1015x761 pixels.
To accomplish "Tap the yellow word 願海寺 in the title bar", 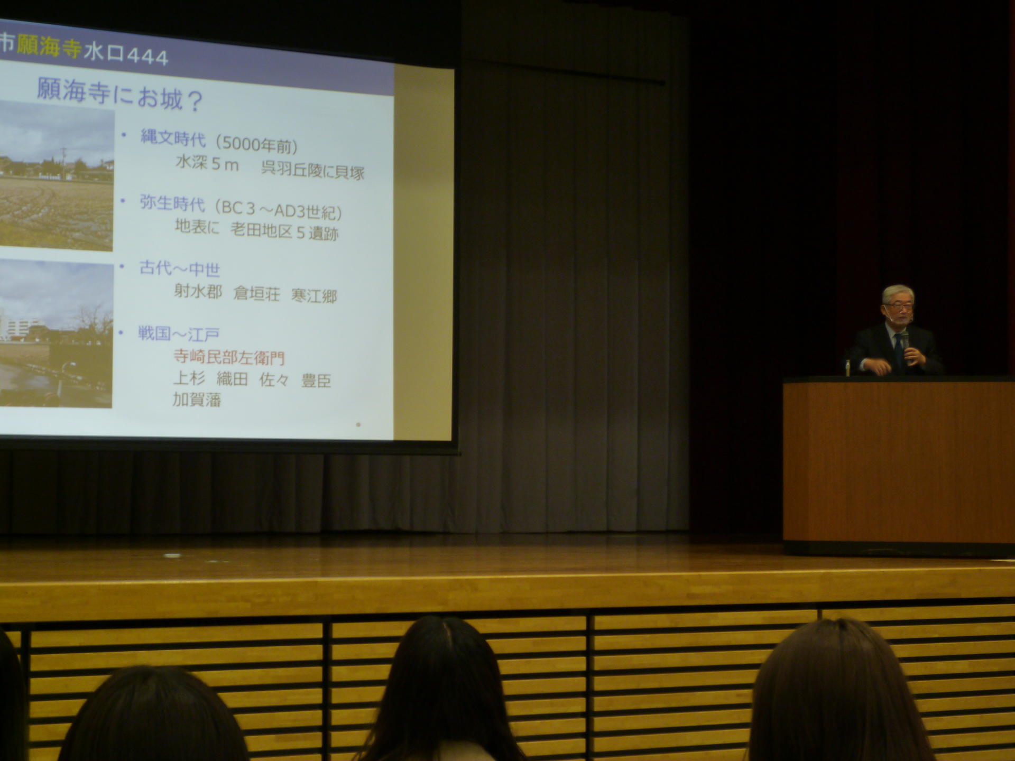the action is pos(49,48).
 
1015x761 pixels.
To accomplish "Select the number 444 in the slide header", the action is pos(146,57).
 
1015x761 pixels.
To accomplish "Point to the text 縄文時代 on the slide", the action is pos(173,138).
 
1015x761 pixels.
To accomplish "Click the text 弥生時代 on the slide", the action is pos(172,203).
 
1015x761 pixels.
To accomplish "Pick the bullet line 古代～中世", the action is pos(179,269).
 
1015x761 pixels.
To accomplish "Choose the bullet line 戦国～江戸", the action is pos(179,334).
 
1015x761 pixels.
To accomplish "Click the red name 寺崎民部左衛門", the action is pos(229,357).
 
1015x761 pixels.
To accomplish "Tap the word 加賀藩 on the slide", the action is pos(197,399).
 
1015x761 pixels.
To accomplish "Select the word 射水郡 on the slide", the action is pos(198,291).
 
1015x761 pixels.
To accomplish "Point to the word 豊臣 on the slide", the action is pos(316,381).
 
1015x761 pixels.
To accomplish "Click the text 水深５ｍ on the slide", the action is pos(207,163).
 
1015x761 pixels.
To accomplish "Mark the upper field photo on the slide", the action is pos(57,175).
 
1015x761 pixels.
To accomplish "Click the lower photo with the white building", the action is pos(56,333).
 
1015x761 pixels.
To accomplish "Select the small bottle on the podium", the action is pos(848,368).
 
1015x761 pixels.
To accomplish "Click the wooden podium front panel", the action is pos(899,462).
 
